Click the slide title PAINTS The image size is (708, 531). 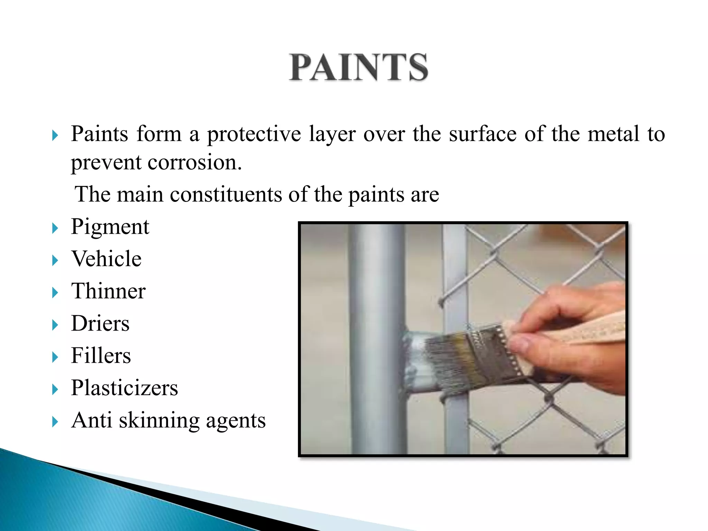click(x=358, y=67)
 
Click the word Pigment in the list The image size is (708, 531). click(x=110, y=227)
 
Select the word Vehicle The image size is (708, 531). click(x=106, y=259)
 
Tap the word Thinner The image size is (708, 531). click(x=108, y=291)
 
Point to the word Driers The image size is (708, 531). click(x=100, y=324)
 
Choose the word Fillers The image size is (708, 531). click(x=101, y=356)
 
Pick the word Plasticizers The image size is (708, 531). click(x=124, y=388)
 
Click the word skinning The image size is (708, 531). click(x=159, y=421)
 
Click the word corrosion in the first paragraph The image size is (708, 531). click(x=195, y=162)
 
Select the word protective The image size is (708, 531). click(x=254, y=134)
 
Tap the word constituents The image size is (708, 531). click(x=226, y=195)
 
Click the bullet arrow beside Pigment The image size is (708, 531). click(x=55, y=228)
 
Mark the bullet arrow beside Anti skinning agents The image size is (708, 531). click(x=55, y=422)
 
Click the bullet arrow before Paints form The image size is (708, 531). click(x=55, y=135)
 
